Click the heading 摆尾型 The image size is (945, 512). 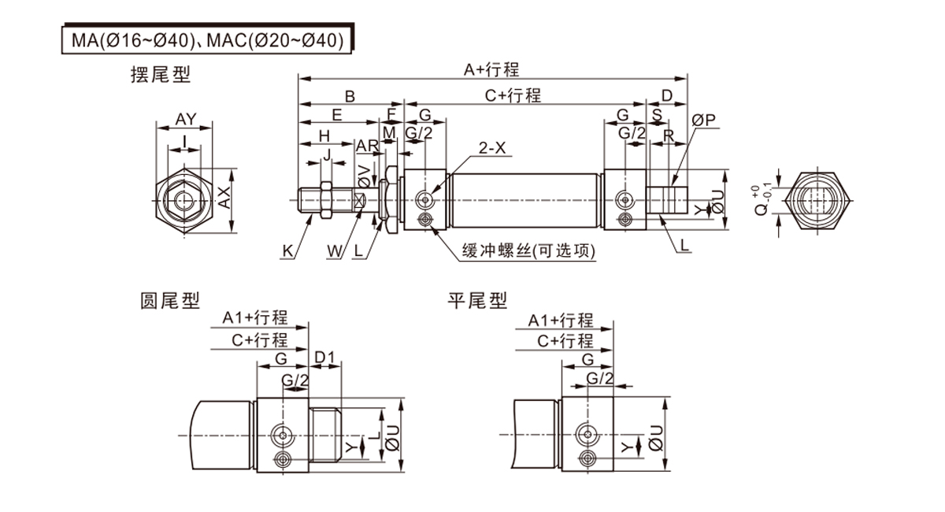[161, 75]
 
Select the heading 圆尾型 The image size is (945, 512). [170, 300]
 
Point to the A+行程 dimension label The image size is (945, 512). [491, 70]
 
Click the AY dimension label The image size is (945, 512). [186, 119]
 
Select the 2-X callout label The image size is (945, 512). [491, 147]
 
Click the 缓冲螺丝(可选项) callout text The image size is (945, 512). [528, 251]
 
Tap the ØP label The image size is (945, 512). [703, 120]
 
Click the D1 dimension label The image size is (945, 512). [325, 359]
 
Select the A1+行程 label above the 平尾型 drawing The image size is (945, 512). [560, 320]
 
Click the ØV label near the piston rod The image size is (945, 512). [364, 176]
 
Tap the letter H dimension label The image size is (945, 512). [324, 135]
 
